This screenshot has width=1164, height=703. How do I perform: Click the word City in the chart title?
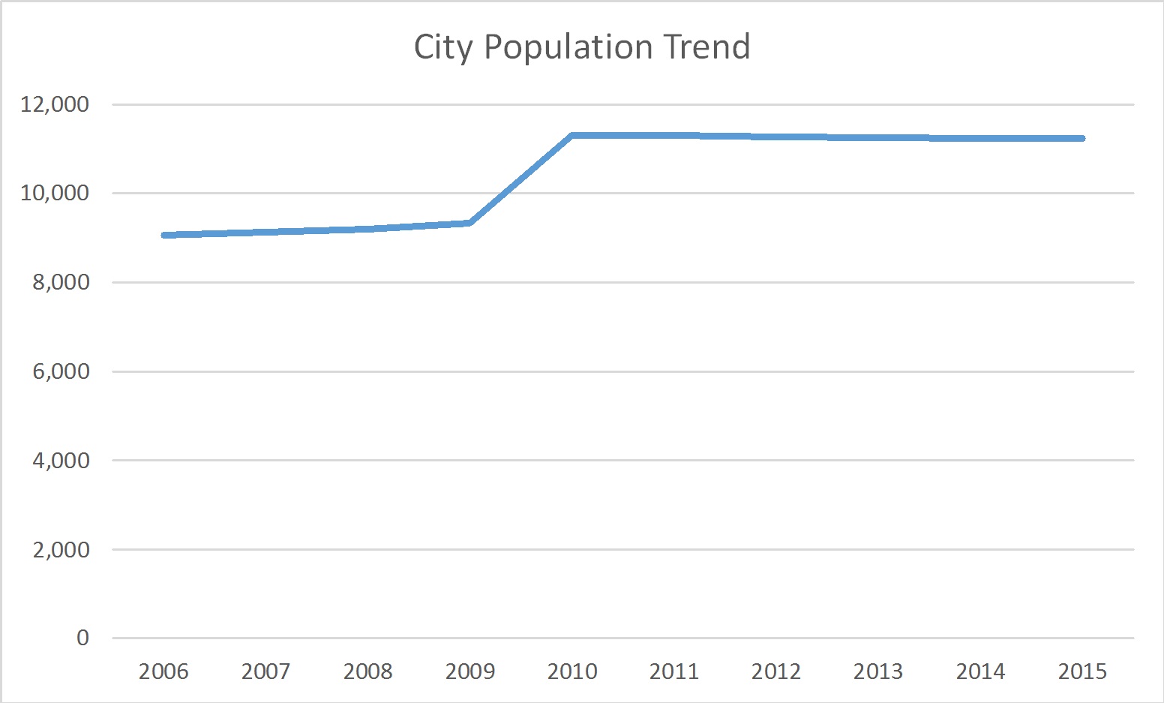pyautogui.click(x=442, y=47)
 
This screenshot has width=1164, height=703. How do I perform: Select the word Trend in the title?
pyautogui.click(x=706, y=47)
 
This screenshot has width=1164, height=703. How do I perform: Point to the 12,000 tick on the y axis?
pyautogui.click(x=55, y=104)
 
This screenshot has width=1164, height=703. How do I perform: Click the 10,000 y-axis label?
pyautogui.click(x=55, y=193)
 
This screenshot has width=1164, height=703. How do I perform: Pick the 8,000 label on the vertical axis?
pyautogui.click(x=61, y=282)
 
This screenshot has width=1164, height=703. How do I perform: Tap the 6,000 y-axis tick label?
pyautogui.click(x=61, y=371)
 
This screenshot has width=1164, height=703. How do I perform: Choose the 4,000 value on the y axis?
pyautogui.click(x=61, y=460)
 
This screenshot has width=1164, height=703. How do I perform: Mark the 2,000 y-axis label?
pyautogui.click(x=61, y=549)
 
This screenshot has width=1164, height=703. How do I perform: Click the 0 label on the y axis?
pyautogui.click(x=82, y=638)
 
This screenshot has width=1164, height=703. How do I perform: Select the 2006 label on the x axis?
pyautogui.click(x=163, y=671)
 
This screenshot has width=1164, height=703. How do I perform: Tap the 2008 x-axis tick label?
pyautogui.click(x=367, y=671)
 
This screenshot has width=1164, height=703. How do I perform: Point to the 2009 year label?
pyautogui.click(x=470, y=671)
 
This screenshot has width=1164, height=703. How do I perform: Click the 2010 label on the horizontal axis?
pyautogui.click(x=572, y=671)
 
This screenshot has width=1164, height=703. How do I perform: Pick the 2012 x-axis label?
pyautogui.click(x=776, y=671)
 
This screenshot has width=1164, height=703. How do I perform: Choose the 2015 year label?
pyautogui.click(x=1082, y=671)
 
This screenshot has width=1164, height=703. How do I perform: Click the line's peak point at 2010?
pyautogui.click(x=572, y=136)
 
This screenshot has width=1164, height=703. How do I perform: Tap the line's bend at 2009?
pyautogui.click(x=469, y=223)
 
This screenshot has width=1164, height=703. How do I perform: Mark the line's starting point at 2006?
pyautogui.click(x=164, y=235)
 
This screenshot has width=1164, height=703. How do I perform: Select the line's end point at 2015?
pyautogui.click(x=1082, y=138)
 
